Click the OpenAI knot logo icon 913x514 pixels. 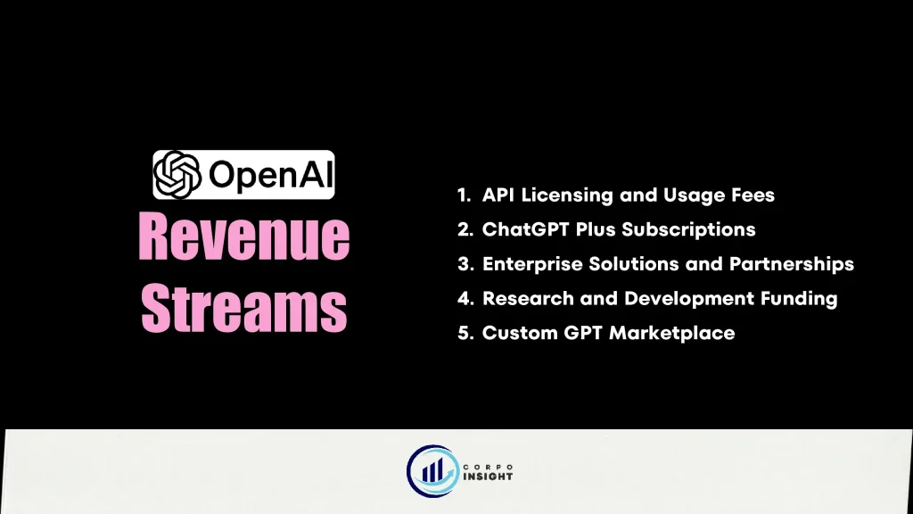(177, 175)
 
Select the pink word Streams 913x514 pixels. (244, 308)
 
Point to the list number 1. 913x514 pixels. (464, 195)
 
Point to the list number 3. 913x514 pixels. (465, 264)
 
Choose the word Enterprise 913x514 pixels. (532, 264)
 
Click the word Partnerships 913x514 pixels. (792, 264)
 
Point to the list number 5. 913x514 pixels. (465, 334)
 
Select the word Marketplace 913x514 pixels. (671, 334)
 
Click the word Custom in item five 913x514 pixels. (520, 333)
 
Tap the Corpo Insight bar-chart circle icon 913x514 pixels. (432, 471)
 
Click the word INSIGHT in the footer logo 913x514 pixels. (488, 477)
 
